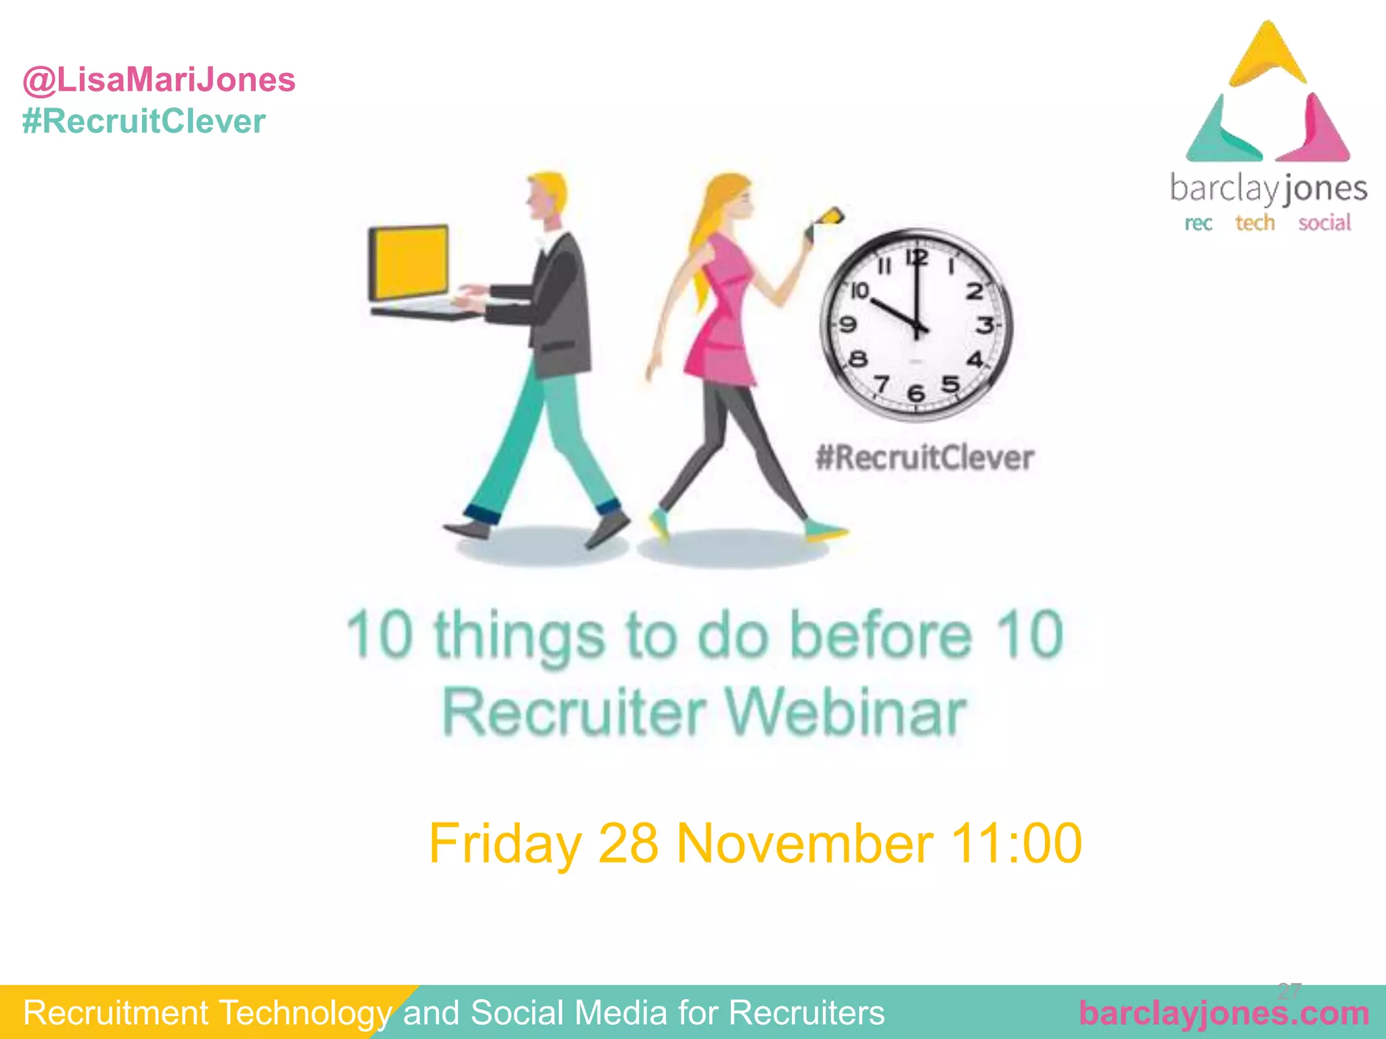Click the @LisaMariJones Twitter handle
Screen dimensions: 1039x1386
point(159,80)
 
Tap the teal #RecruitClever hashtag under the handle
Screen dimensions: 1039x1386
point(143,122)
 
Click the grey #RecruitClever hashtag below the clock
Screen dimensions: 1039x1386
point(924,458)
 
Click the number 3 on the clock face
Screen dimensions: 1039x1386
point(985,325)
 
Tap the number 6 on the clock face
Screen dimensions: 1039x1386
point(916,392)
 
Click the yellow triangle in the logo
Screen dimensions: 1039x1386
point(1268,57)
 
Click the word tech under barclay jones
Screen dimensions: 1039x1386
point(1255,223)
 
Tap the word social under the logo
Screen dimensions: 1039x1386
point(1324,223)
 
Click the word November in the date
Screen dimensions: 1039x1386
point(805,844)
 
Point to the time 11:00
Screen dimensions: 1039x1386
point(1015,844)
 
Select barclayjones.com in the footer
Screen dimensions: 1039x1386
point(1224,1013)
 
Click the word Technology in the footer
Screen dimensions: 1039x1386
point(305,1013)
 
